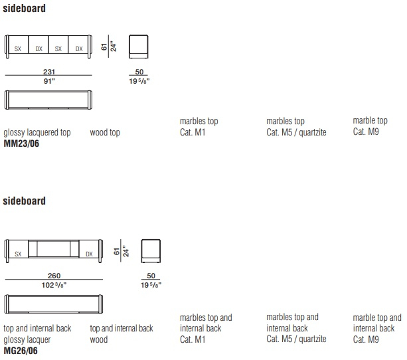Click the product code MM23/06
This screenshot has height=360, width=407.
[x=21, y=143]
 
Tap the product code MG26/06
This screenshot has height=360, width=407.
[x=21, y=351]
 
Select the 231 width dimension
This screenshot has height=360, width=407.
[x=49, y=72]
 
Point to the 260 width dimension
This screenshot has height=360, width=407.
[x=54, y=276]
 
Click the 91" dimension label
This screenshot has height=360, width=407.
[x=49, y=81]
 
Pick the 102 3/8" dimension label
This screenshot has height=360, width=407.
[x=54, y=285]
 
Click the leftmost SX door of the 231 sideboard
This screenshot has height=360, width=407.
[x=18, y=45]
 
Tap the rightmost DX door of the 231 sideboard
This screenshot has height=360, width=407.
[x=78, y=45]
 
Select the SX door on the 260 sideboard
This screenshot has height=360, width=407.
[x=18, y=249]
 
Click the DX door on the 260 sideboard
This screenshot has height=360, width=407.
[x=89, y=249]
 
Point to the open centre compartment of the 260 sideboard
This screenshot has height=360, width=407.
[x=54, y=249]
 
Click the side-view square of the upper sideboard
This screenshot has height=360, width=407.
[x=139, y=46]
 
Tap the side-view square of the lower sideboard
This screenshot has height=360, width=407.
[x=151, y=251]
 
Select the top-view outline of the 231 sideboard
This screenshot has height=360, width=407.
[x=48, y=91]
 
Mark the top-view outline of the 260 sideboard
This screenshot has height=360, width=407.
[x=54, y=296]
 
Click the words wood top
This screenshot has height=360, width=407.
[x=105, y=132]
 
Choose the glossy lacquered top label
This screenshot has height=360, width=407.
[x=37, y=132]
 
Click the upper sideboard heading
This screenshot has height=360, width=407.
[x=24, y=9]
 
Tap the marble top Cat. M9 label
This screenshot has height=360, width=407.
[x=370, y=126]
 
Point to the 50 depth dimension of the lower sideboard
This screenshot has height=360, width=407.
[x=151, y=276]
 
